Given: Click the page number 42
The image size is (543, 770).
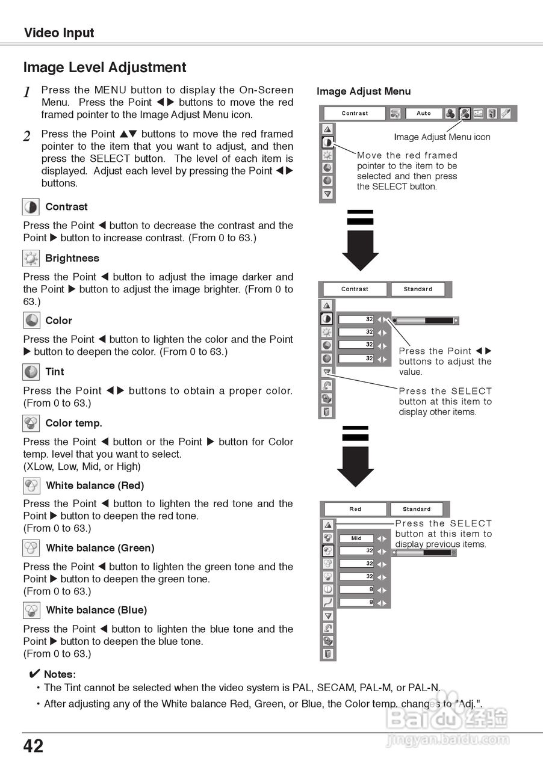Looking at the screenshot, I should tap(34, 747).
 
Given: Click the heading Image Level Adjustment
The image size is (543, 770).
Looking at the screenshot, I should tap(105, 67).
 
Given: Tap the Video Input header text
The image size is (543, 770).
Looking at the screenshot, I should tap(59, 32).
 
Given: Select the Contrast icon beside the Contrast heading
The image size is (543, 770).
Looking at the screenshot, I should tap(31, 207).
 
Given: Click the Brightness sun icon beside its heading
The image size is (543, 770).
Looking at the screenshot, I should tap(31, 259).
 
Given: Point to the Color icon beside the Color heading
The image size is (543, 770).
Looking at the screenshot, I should tap(31, 321).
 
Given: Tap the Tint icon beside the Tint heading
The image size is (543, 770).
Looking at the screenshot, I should tap(31, 372).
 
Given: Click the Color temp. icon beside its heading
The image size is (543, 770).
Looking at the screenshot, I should tap(31, 423).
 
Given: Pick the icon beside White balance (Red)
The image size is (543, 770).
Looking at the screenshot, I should tap(31, 485).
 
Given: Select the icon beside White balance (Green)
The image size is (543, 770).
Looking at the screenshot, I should tap(31, 548).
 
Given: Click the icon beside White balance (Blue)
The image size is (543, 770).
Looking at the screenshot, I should tap(31, 611).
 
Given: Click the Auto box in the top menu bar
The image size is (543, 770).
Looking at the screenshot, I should tap(423, 113).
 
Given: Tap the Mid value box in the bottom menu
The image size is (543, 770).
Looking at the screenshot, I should tap(356, 538).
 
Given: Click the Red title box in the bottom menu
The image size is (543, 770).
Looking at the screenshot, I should tap(355, 509).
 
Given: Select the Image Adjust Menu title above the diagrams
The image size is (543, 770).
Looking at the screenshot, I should tap(364, 91).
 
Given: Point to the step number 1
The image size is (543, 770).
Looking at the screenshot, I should tap(27, 93).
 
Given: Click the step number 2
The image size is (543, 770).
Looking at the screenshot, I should tap(27, 137).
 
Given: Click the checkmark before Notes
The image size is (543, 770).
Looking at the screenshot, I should tap(34, 674).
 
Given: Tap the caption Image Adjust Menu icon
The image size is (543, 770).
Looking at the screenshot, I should tap(442, 137).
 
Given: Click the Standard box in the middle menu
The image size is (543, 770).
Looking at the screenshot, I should tap(418, 289).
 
